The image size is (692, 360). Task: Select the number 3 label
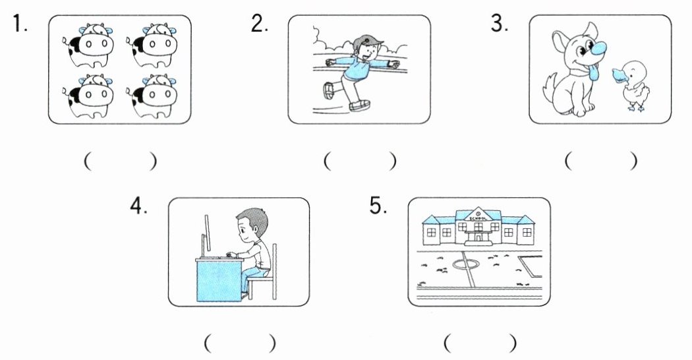(x=500, y=24)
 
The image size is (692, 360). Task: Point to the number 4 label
(x=138, y=207)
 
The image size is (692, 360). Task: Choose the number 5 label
(x=378, y=206)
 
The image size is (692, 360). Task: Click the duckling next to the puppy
(x=634, y=86)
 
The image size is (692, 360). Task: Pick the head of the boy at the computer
(x=250, y=224)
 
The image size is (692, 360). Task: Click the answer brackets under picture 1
(x=121, y=162)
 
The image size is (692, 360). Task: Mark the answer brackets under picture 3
(x=600, y=162)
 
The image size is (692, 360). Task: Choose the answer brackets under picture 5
(x=480, y=343)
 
